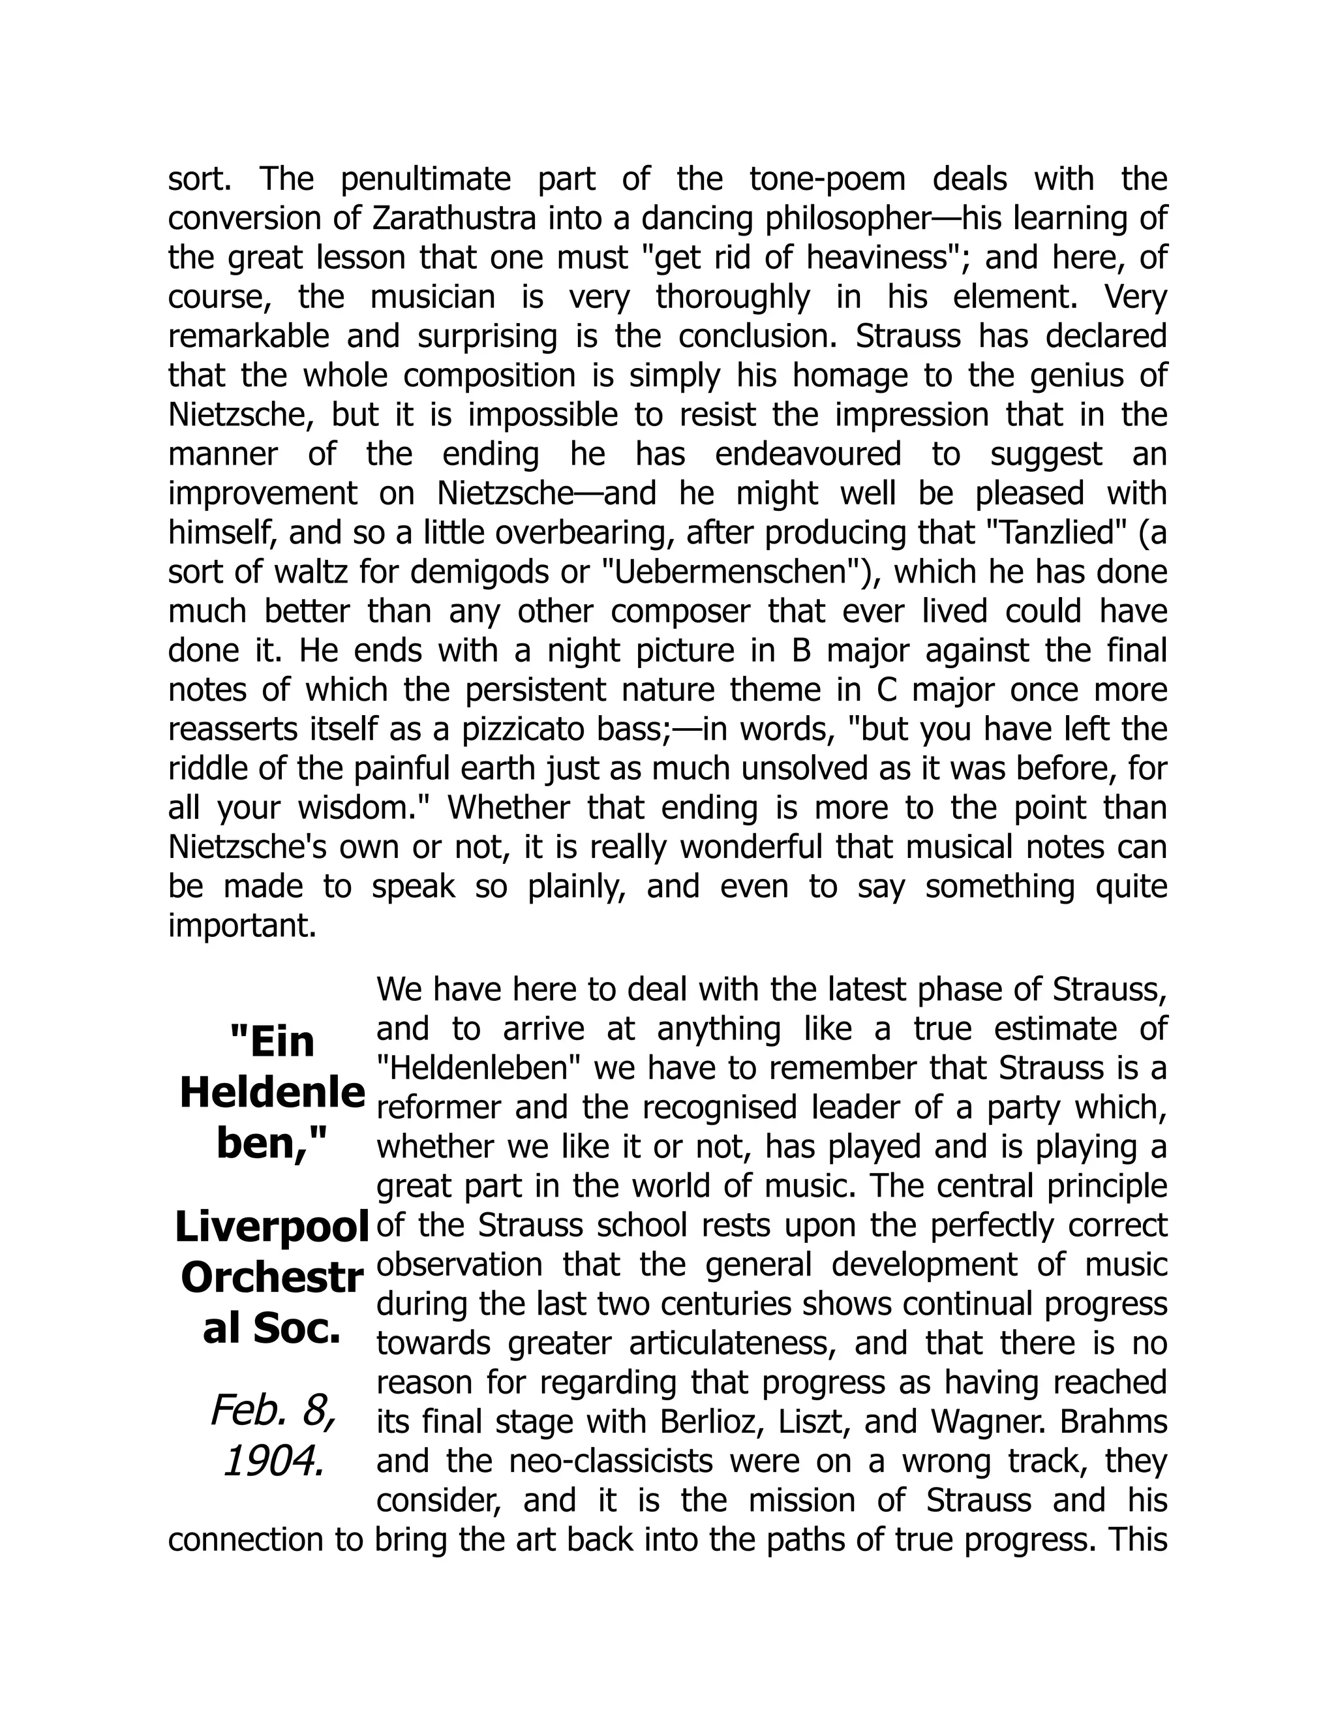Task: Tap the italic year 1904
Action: [x=274, y=1462]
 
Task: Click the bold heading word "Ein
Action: [x=271, y=1042]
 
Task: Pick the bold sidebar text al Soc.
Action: [x=271, y=1329]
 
